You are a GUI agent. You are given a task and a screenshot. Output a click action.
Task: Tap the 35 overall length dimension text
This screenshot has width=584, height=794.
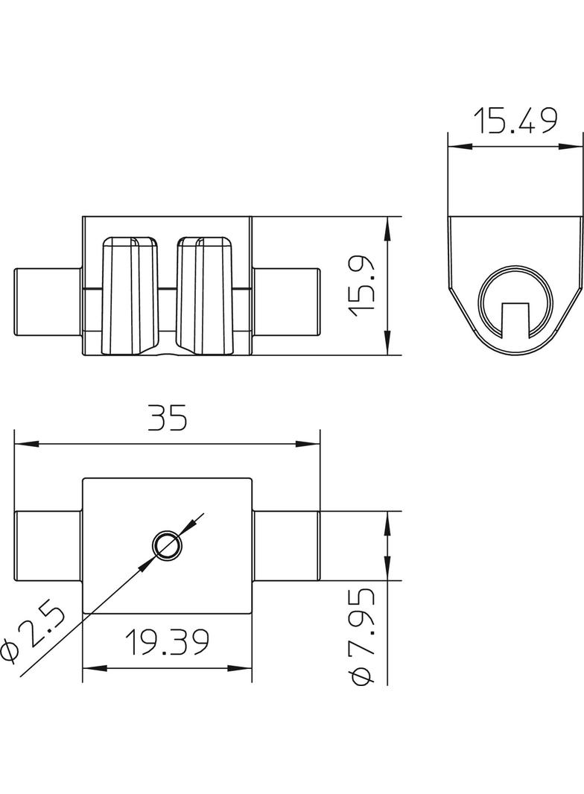167,419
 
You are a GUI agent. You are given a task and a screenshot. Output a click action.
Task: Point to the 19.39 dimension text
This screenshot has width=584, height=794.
166,642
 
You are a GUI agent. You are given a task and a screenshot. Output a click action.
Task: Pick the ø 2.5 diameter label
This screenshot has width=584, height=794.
33,632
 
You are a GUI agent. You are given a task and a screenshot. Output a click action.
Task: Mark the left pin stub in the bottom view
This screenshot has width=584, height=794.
48,546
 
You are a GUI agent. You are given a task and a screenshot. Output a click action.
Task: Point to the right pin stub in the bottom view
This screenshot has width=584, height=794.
287,546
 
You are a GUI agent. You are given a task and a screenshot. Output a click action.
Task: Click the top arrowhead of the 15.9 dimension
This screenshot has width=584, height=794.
387,226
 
